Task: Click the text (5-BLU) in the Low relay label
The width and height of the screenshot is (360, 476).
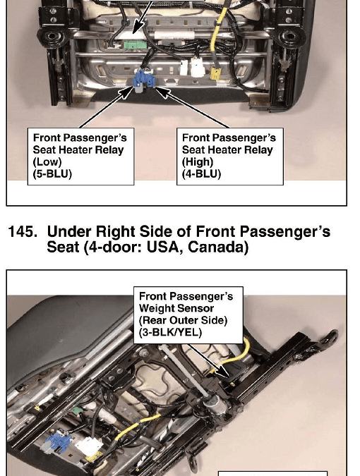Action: [52, 174]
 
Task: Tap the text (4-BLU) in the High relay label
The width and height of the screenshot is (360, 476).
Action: [201, 174]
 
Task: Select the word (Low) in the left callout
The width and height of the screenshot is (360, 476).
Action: [47, 161]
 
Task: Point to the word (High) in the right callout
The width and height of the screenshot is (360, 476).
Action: [198, 161]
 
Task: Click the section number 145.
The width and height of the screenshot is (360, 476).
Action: [23, 231]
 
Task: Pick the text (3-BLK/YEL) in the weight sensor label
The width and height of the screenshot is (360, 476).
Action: [170, 332]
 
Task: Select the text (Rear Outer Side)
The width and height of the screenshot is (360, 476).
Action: [184, 321]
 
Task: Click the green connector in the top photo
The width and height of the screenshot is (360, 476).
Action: [135, 45]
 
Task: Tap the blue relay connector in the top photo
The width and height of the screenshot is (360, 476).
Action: [143, 80]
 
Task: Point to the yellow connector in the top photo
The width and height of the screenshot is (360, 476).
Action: [215, 74]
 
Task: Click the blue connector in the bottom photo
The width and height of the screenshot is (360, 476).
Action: [57, 441]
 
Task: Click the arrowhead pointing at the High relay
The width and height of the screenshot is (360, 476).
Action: [162, 92]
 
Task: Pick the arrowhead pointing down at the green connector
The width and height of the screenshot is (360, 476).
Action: [138, 28]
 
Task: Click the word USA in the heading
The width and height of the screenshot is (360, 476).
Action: [165, 247]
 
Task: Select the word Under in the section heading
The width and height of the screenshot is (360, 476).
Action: [69, 231]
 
